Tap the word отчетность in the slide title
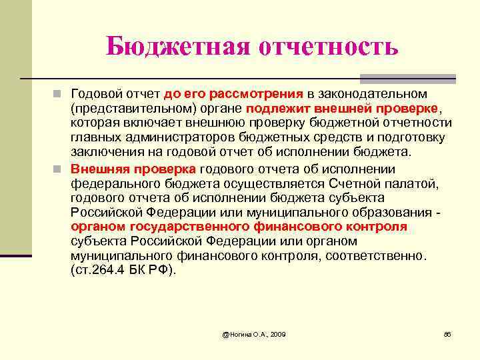(x=323, y=47)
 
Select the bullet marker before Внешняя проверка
(x=59, y=168)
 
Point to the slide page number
(x=447, y=333)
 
